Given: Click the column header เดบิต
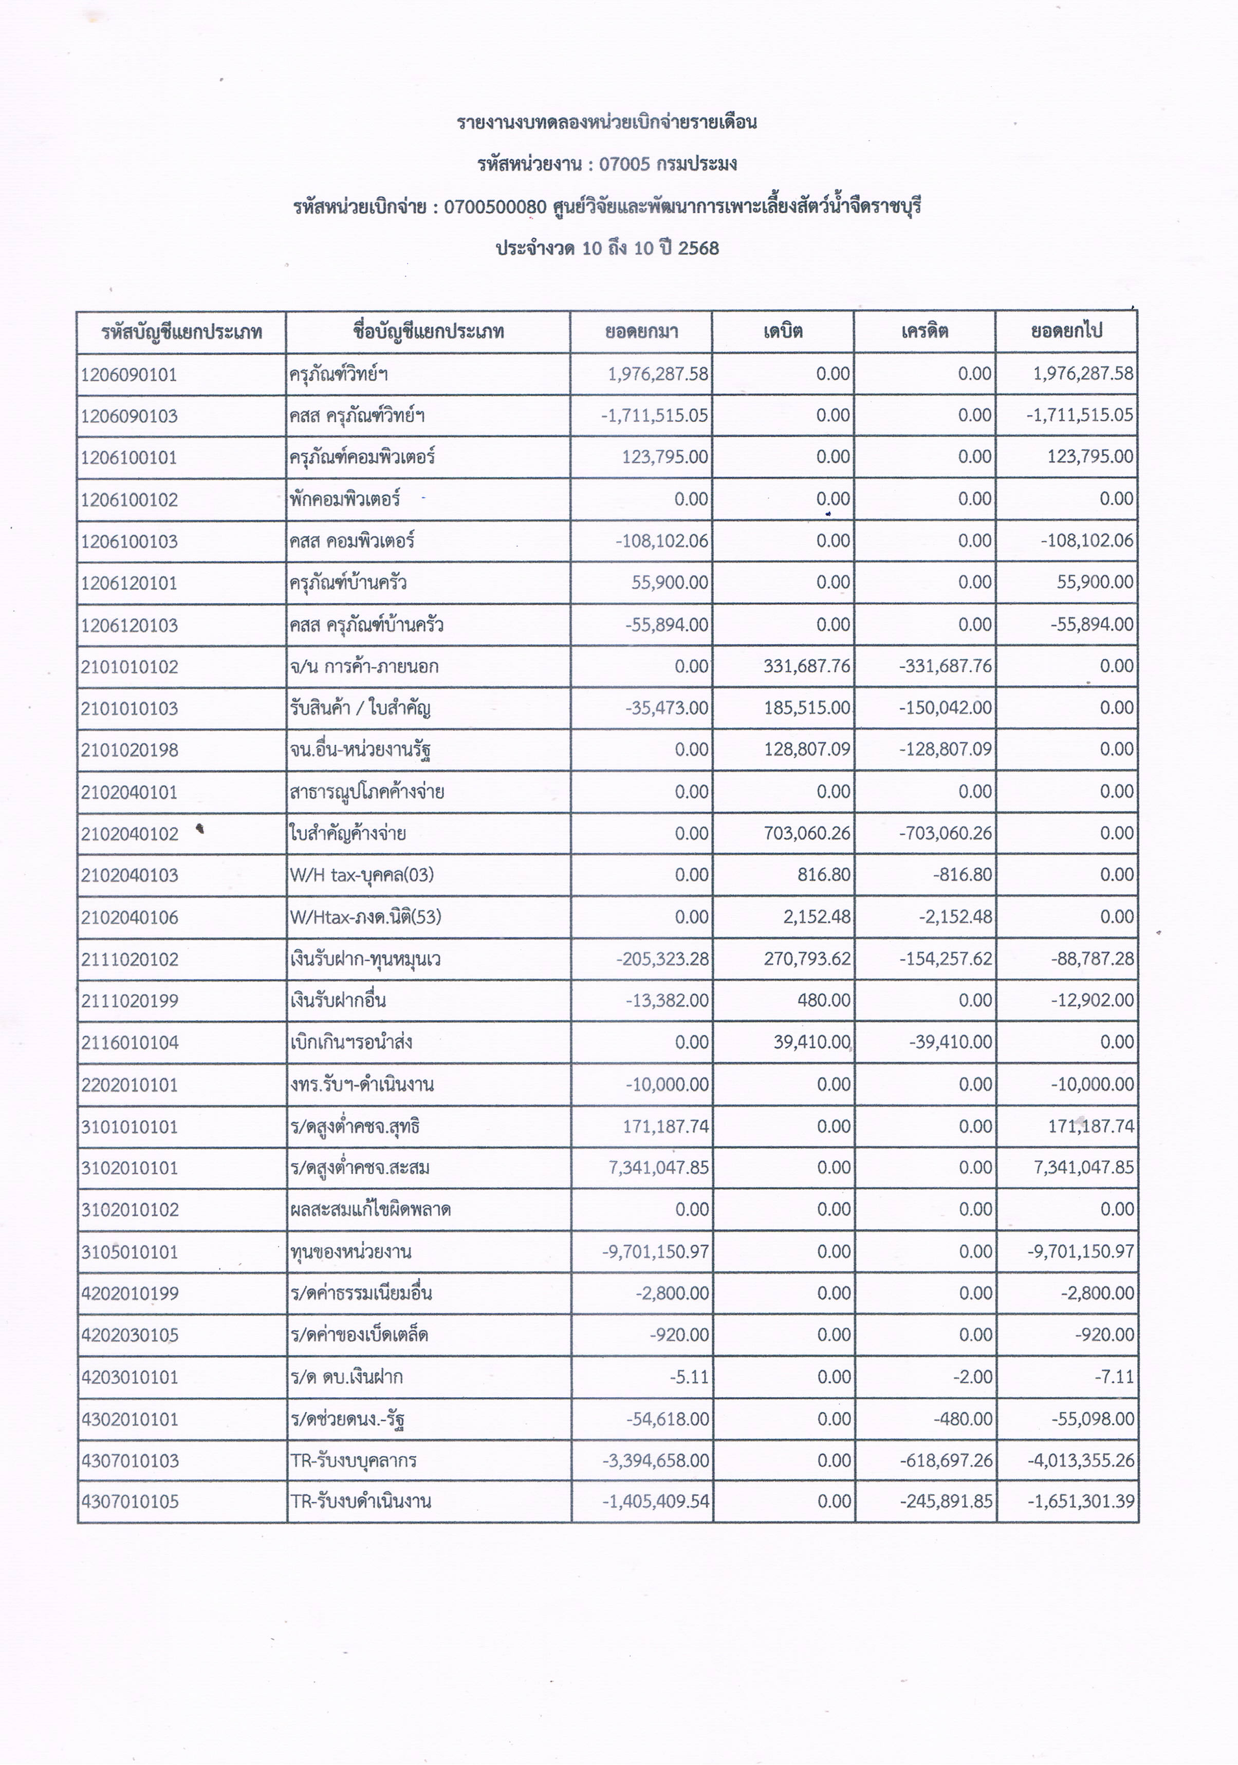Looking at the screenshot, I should click(783, 331).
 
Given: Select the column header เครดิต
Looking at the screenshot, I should click(925, 331).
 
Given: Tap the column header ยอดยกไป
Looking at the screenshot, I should click(1066, 331).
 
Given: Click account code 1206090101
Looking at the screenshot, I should click(129, 375).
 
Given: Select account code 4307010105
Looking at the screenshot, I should click(129, 1501).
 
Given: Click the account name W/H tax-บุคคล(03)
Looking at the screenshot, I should click(357, 875).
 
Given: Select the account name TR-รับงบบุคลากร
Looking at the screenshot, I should click(354, 1460).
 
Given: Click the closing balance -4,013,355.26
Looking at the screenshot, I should click(1081, 1460).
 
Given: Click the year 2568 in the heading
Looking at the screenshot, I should click(698, 248).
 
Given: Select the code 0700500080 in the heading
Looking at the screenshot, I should click(495, 207).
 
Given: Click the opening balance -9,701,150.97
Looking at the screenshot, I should click(655, 1251).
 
